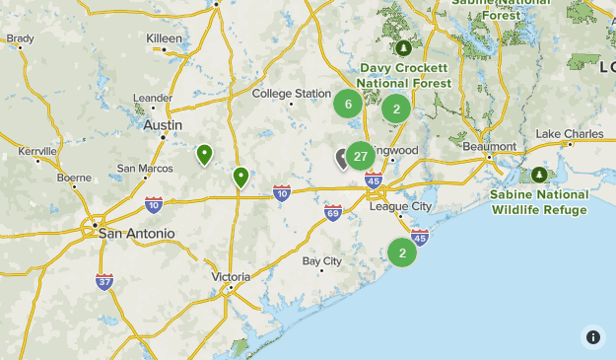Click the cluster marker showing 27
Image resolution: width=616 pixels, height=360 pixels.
point(361,156)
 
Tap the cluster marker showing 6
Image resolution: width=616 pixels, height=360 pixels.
point(347,104)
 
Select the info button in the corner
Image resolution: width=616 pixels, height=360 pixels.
point(592,336)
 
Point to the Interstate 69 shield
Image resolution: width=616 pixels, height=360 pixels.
point(333,213)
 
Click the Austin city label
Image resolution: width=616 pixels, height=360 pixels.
point(162,125)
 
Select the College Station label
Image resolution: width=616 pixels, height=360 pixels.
point(292,94)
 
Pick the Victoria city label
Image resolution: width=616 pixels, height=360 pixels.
point(231,277)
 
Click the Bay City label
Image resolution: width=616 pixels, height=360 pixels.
point(322,261)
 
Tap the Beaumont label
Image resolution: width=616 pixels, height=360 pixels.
point(489,146)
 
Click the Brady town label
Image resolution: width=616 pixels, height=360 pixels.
point(20,38)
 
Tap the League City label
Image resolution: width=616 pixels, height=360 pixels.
point(400,206)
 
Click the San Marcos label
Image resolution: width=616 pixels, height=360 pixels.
point(145,168)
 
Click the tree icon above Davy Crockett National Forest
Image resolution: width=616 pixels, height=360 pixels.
point(402,47)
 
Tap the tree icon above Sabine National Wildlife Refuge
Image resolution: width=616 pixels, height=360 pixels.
point(539,175)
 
